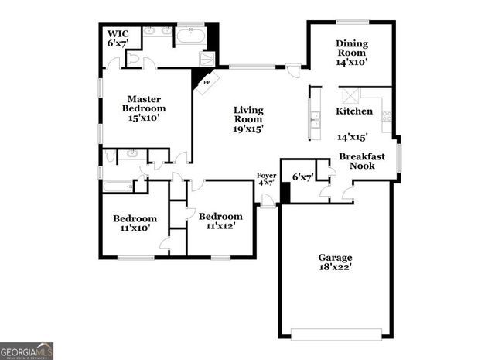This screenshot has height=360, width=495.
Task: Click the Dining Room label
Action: [x=351, y=48]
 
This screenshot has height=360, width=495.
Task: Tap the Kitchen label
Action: [x=354, y=111]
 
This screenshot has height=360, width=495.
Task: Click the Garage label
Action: [x=336, y=257]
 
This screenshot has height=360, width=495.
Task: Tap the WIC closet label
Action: [x=118, y=34]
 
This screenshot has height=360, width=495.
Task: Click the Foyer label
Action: [x=266, y=177]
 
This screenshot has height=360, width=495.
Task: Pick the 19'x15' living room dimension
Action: [x=248, y=129]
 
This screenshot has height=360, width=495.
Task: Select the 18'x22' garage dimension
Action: [x=336, y=268]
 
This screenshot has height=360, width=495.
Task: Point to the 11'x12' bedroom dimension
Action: [x=220, y=226]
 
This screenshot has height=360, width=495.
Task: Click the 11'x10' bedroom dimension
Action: [x=135, y=228]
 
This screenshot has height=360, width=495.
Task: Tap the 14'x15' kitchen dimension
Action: [x=352, y=137]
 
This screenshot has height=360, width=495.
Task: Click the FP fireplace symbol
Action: [x=207, y=81]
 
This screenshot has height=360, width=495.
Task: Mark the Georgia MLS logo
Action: [x=27, y=351]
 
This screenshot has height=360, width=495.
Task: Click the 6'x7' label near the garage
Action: [x=302, y=177]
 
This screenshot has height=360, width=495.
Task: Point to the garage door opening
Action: [x=336, y=334]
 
